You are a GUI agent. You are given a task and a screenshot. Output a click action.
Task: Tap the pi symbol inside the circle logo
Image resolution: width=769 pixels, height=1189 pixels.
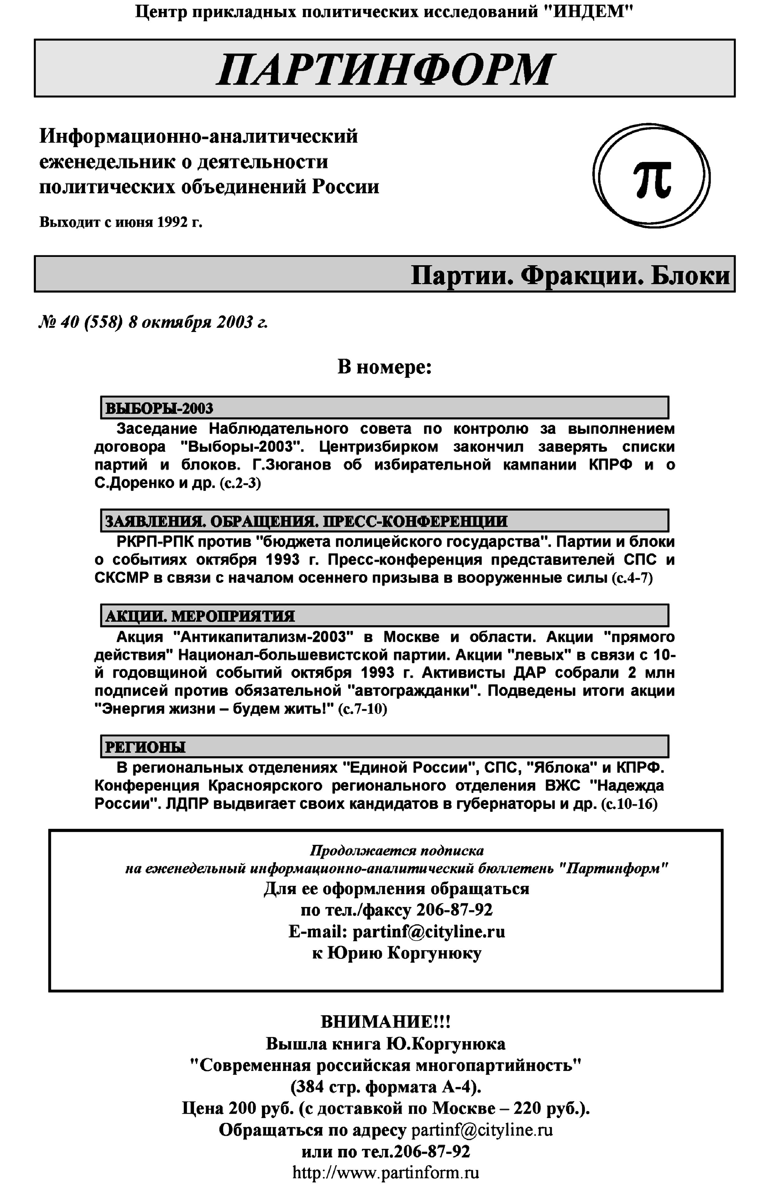pyautogui.click(x=652, y=179)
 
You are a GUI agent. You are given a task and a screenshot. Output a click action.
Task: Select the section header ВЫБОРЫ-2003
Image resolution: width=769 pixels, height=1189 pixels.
pyautogui.click(x=159, y=408)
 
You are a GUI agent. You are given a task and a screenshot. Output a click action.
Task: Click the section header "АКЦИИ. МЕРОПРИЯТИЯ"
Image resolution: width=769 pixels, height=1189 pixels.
pyautogui.click(x=200, y=616)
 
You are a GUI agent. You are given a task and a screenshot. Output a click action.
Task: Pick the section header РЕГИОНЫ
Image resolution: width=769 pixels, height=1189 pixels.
pyautogui.click(x=145, y=747)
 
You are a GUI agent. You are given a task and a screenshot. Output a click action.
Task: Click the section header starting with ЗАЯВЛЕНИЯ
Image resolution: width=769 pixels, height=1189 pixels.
pyautogui.click(x=306, y=521)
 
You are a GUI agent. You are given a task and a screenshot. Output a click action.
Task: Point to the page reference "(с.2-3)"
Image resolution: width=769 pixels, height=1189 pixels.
pyautogui.click(x=240, y=483)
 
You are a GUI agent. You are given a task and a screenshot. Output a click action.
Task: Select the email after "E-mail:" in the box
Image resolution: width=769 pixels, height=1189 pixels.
pyautogui.click(x=428, y=932)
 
